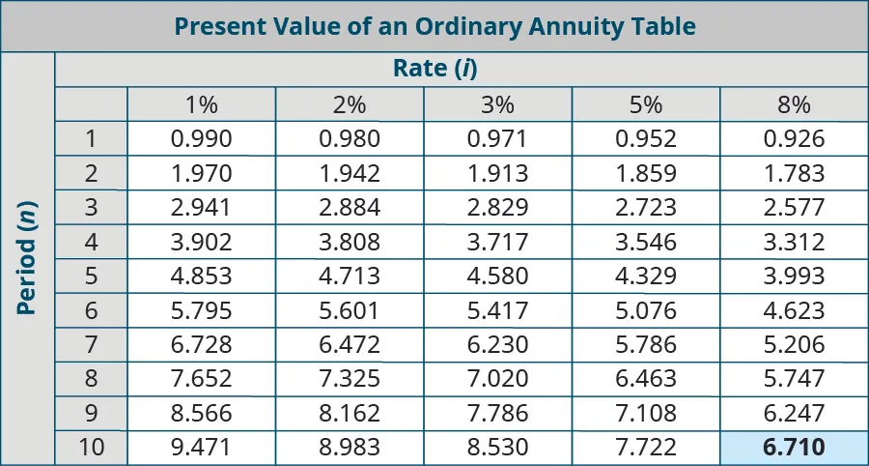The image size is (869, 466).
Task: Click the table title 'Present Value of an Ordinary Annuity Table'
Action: pos(434,26)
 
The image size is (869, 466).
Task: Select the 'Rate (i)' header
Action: pos(435,69)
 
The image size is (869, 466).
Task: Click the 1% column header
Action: pos(201,104)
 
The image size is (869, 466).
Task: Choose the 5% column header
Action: pos(646,104)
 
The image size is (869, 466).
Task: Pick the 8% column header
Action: pos(794,104)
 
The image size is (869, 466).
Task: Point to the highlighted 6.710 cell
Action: pos(794,449)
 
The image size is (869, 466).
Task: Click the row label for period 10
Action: pos(91,449)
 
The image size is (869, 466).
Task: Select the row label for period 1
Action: pos(91,139)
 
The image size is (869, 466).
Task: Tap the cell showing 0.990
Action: pos(201,139)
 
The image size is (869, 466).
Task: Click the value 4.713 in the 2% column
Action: pos(350,277)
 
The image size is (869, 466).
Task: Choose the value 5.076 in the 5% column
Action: pos(646,311)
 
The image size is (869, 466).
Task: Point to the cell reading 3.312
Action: pos(794,243)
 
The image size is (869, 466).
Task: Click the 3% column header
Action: pos(497,104)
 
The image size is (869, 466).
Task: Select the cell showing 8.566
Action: pos(201,414)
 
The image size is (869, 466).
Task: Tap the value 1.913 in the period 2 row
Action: pos(497,174)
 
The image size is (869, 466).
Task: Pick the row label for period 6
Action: pos(91,311)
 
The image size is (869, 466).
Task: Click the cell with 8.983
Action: pos(350,449)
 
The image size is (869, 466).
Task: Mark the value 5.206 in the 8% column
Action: pos(794,345)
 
